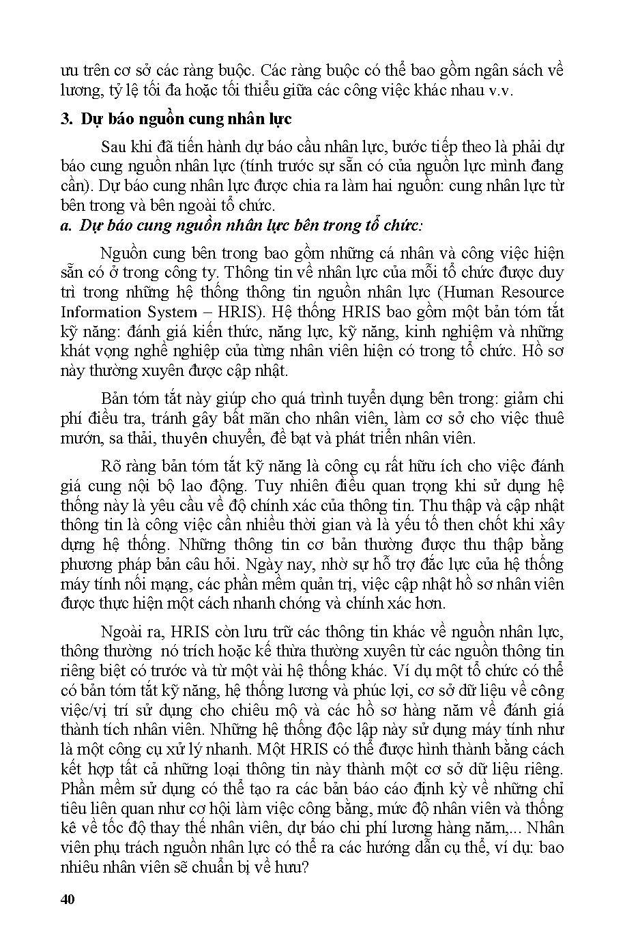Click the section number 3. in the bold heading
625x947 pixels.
click(x=66, y=119)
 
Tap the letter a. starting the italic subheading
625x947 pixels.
click(x=66, y=225)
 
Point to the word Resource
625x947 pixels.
click(x=532, y=293)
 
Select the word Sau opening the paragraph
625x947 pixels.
click(x=113, y=147)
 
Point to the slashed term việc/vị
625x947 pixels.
click(x=86, y=710)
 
